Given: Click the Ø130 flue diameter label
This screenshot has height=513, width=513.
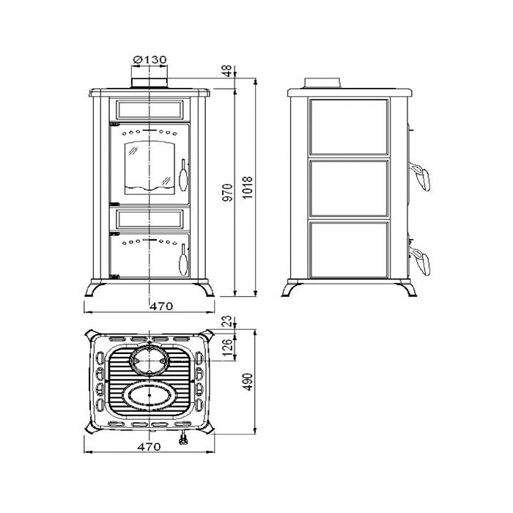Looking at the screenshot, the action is pos(150,60).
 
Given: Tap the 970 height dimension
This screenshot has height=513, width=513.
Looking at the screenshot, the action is pos(229,192).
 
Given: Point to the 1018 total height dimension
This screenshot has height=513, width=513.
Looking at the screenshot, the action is pos(248,188).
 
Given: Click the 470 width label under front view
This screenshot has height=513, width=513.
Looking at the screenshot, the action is pos(161,306).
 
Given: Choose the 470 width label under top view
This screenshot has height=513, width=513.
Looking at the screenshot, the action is pos(149,446).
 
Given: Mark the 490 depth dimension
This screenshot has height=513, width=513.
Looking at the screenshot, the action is pos(248,382).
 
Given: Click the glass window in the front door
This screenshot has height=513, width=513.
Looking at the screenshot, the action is pos(150,168).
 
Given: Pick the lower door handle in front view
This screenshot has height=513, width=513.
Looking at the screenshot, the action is pos(183,259).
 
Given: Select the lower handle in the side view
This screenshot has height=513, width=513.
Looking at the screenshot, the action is pos(420,262).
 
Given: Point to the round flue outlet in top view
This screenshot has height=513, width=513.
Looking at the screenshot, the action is pos(150,360).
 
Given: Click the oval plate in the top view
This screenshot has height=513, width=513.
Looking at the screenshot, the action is pos(150,395).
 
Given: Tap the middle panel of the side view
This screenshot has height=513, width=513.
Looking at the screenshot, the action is pos(349,188).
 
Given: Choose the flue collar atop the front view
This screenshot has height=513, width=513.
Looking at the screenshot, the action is pos(150,83).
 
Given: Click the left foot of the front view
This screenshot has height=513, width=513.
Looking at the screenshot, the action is pos(95,289).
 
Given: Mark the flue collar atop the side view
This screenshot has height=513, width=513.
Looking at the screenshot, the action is pos(322,83).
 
